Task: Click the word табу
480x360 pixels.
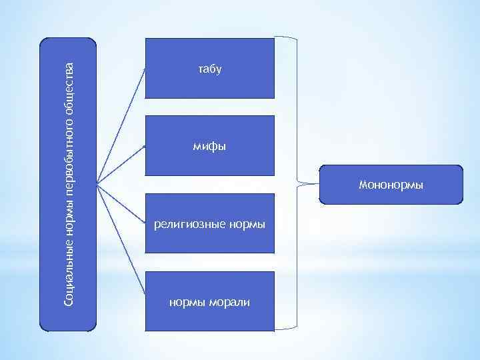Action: click(x=209, y=69)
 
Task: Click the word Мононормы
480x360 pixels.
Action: click(x=391, y=184)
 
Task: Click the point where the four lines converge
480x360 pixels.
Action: click(x=97, y=183)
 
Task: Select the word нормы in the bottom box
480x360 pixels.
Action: click(x=185, y=303)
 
